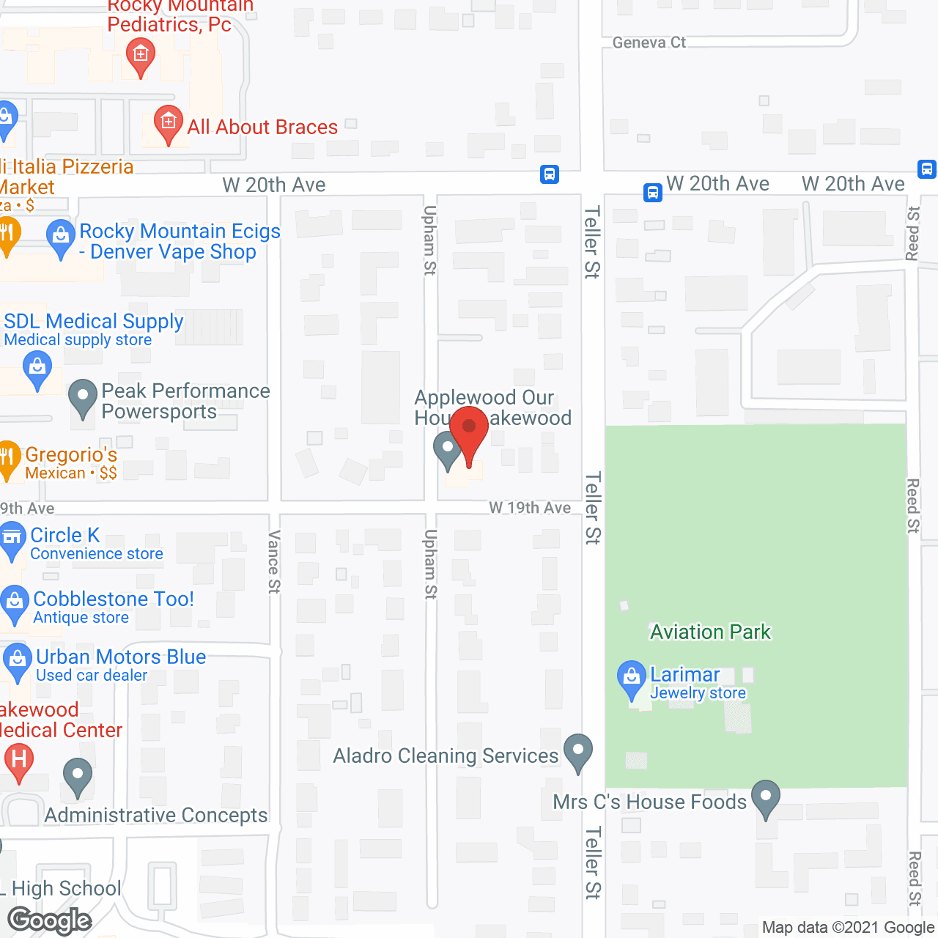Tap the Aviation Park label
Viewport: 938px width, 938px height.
pyautogui.click(x=710, y=632)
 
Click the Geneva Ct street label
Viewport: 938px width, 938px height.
pyautogui.click(x=649, y=43)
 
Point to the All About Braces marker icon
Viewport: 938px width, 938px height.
pyautogui.click(x=168, y=122)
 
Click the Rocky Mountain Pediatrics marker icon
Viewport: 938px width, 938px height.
pyautogui.click(x=140, y=55)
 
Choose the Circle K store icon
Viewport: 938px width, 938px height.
pyautogui.click(x=12, y=539)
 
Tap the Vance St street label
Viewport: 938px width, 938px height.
pyautogui.click(x=274, y=562)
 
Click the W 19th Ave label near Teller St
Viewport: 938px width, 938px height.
pyautogui.click(x=530, y=508)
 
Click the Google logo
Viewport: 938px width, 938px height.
pyautogui.click(x=50, y=920)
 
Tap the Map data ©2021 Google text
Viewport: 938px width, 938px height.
pyautogui.click(x=848, y=927)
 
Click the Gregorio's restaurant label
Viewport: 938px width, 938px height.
pyautogui.click(x=71, y=455)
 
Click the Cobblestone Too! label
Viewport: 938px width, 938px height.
pyautogui.click(x=114, y=599)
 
